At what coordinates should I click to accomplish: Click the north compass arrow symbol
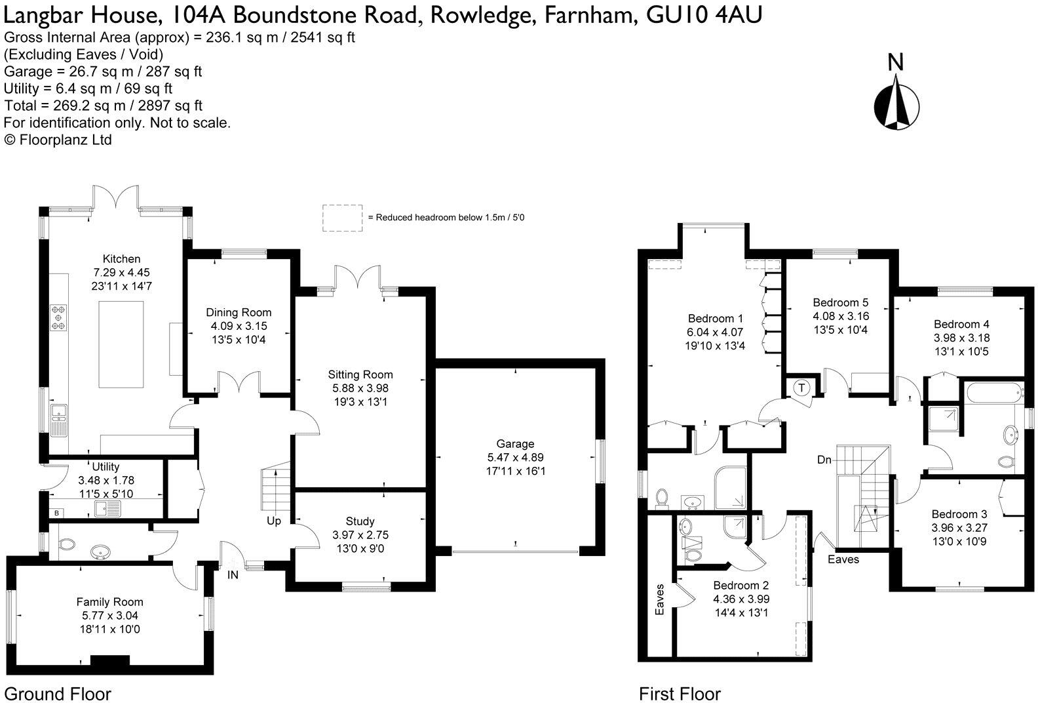point(895,102)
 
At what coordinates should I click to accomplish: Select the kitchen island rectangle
point(121,344)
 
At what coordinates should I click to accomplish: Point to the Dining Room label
point(239,313)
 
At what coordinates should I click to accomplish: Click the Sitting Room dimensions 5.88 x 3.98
point(360,388)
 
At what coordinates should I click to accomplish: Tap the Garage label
point(515,444)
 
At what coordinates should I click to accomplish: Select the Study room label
point(360,521)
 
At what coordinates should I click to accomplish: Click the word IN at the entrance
point(233,575)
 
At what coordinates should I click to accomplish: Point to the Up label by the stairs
point(274,521)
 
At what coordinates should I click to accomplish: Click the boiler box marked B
point(57,513)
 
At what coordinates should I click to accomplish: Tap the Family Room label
point(109,602)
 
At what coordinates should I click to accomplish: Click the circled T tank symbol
point(801,388)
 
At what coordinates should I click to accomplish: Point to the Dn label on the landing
point(824,460)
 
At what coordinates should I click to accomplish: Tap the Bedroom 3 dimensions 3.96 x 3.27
point(959,527)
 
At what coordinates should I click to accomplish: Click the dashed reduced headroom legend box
point(342,217)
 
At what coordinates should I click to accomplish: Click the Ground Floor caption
point(58,694)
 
